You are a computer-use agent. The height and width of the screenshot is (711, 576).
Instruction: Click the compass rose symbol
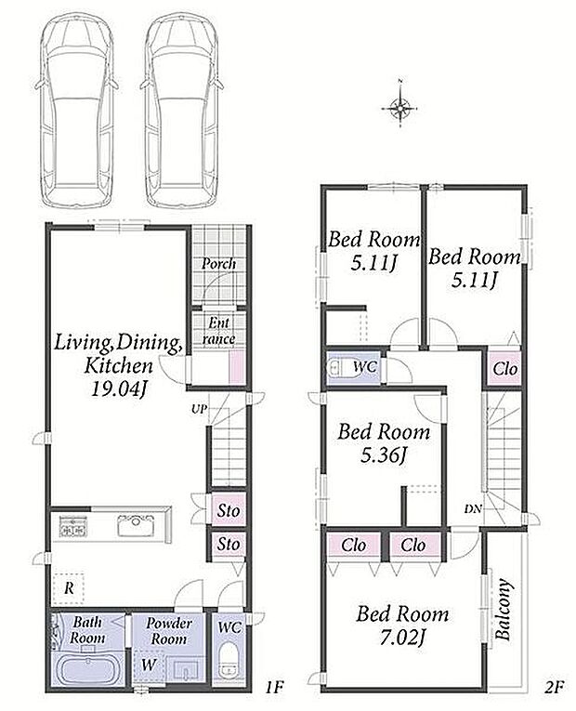[399, 108]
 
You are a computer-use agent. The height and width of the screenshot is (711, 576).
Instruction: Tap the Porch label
[218, 263]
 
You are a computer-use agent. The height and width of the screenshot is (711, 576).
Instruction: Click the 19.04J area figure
[119, 388]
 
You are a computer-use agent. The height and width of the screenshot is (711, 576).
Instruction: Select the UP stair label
[199, 409]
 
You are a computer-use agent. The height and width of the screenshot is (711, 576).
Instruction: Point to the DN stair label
[473, 508]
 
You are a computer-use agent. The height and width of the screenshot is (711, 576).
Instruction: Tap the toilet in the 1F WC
[228, 660]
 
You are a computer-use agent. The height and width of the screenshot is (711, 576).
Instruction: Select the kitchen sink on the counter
[136, 525]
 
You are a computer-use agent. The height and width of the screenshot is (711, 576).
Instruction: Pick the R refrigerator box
[69, 588]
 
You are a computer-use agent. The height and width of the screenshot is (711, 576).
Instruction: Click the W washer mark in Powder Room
[149, 665]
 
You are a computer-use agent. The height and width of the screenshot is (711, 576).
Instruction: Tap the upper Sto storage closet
[228, 510]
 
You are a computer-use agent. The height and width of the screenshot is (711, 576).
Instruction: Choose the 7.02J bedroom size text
[402, 638]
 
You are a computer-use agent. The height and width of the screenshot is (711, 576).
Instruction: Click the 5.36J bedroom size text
[384, 454]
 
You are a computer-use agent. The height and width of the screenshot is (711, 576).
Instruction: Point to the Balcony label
[504, 609]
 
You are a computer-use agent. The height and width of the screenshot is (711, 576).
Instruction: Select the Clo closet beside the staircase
[504, 369]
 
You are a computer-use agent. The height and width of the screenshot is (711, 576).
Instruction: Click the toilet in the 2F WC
[335, 368]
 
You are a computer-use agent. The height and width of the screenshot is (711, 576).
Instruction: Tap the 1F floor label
[274, 688]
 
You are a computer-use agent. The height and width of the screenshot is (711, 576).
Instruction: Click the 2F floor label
[554, 688]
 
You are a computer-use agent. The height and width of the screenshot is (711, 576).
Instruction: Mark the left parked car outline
[76, 111]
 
